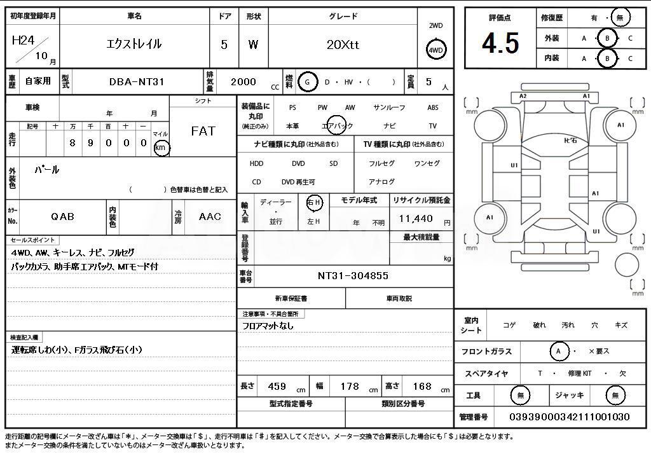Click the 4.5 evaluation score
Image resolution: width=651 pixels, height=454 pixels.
coord(501,43)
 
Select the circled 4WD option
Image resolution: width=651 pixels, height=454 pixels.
coord(435,50)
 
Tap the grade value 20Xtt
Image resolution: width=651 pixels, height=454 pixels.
coord(343,45)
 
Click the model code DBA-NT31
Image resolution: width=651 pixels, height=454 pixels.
coord(137,82)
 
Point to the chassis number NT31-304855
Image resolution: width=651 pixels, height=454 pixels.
coord(353,275)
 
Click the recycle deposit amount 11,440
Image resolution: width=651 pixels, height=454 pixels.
coord(416,219)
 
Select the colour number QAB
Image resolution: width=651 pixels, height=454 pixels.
coord(63,216)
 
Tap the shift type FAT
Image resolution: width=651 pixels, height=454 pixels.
coord(203,131)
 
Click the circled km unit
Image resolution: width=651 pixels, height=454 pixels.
coord(161,148)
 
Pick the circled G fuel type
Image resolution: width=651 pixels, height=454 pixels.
coord(307,82)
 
